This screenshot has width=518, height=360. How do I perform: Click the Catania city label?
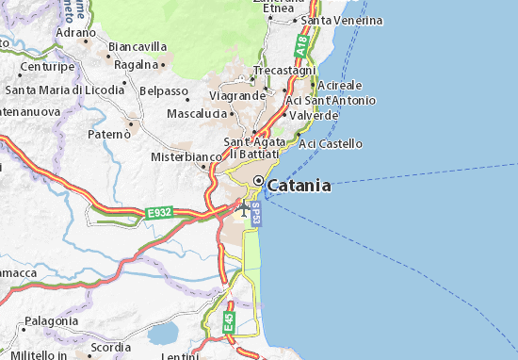(299, 186)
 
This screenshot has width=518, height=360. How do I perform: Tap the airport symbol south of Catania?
(245, 206)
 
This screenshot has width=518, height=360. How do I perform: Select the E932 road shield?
(159, 214)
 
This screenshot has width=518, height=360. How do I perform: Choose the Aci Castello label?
(331, 143)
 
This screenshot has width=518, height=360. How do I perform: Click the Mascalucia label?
(196, 113)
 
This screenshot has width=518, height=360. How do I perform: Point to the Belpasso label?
(163, 91)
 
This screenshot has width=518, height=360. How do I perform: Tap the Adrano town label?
(76, 31)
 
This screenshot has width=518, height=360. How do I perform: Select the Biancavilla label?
(138, 46)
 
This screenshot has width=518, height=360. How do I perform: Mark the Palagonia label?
(52, 320)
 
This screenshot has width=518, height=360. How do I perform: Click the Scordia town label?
(111, 347)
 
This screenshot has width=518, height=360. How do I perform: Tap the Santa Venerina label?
(341, 19)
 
